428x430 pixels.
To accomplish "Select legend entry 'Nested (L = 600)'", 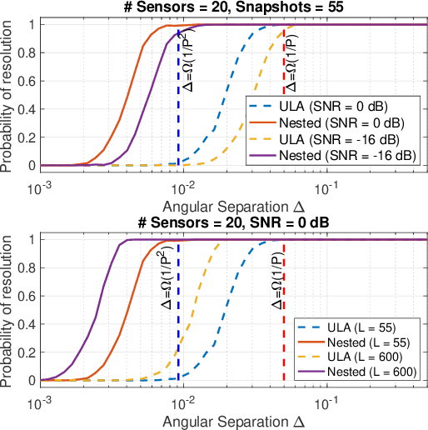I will [x=361, y=369].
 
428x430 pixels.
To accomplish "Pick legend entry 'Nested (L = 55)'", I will [x=361, y=337].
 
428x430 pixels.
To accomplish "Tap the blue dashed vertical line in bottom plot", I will [x=178, y=350].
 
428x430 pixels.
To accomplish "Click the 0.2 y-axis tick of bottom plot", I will [x=25, y=351].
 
